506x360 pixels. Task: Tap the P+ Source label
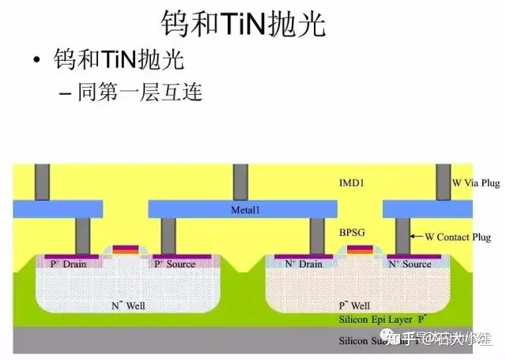coord(175,263)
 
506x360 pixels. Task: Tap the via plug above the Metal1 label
coord(236,182)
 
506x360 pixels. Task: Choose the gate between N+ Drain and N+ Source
coord(357,251)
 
